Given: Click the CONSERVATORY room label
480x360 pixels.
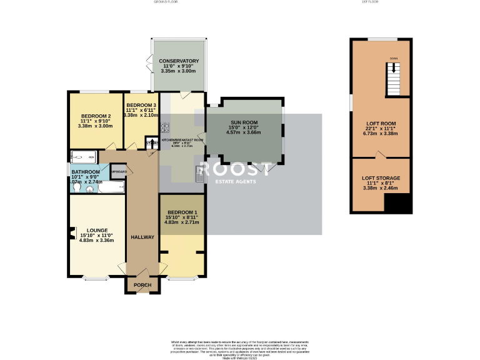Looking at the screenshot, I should pos(179,61).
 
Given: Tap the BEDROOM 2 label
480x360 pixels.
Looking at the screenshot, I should pos(96,116).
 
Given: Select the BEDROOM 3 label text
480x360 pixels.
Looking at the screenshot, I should pos(140,105).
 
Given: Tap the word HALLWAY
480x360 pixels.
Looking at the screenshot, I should pos(142,237).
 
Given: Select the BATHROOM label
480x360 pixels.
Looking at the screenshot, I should pos(85,172).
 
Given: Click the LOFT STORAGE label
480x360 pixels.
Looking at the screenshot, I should pos(381,178).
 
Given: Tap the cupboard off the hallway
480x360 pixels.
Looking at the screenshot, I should pos(119,171).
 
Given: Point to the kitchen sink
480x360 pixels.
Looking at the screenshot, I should pos(199,177).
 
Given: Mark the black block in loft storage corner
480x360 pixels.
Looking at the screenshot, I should pos(397,202).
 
